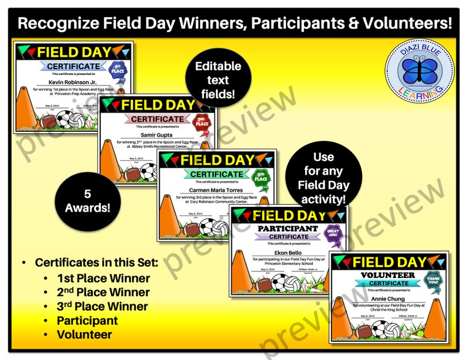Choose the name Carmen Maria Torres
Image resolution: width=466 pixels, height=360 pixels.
pos(216,189)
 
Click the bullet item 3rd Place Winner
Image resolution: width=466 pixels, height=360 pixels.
pos(103,306)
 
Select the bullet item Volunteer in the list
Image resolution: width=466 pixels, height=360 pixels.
pos(84,335)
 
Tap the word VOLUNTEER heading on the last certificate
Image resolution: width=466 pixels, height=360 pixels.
pos(385,275)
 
